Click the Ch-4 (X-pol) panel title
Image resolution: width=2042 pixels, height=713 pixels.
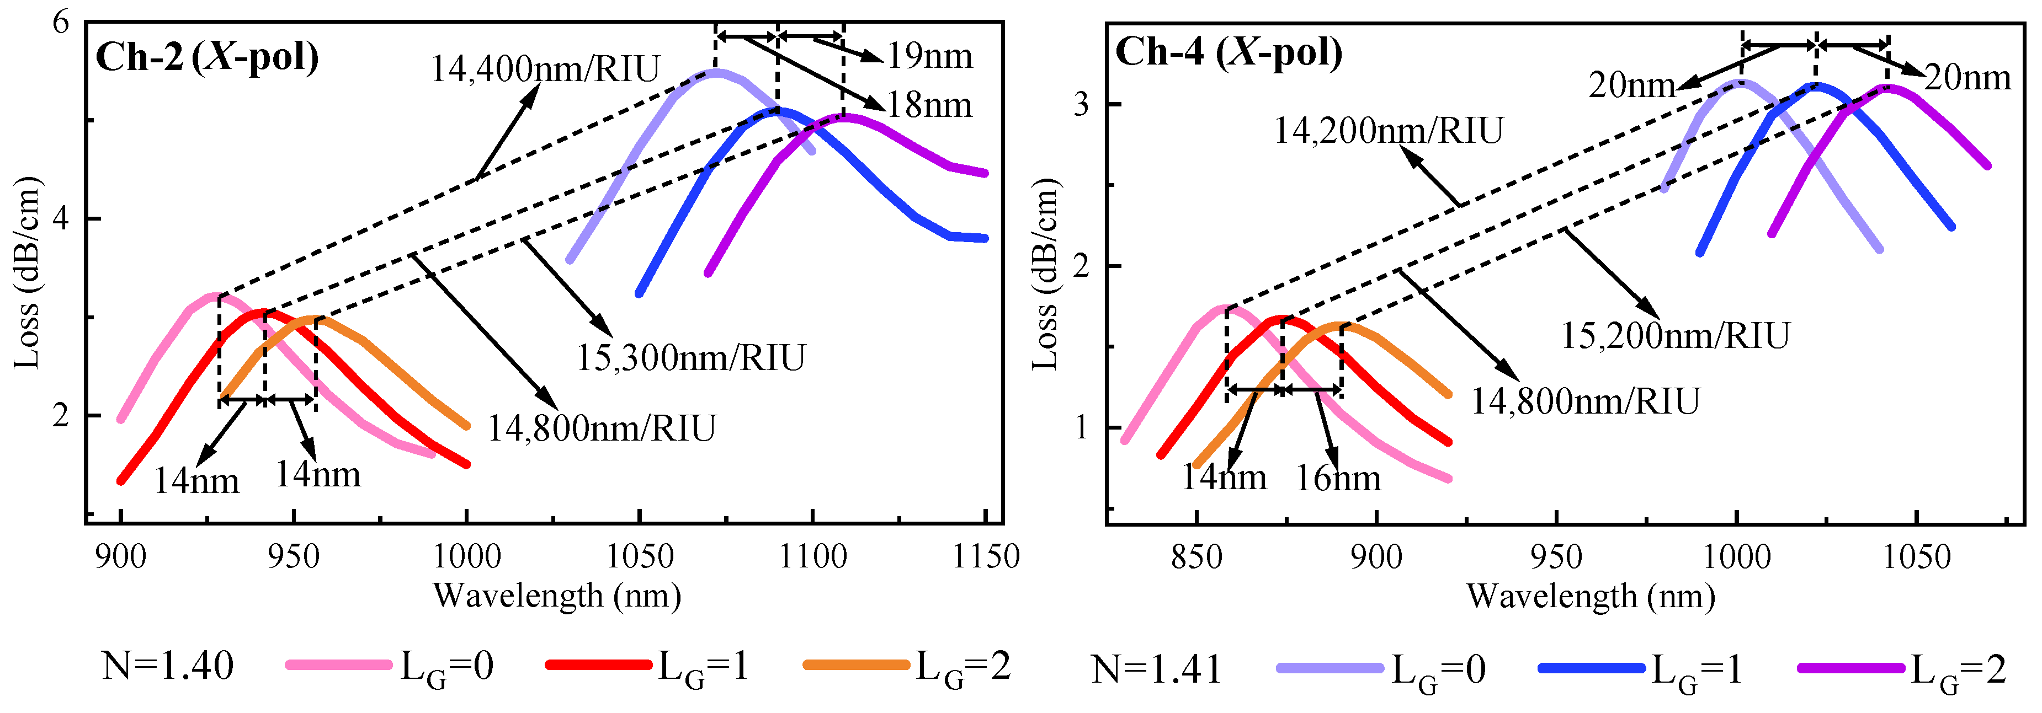point(1229,52)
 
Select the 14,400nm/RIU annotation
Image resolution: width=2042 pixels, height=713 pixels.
point(545,69)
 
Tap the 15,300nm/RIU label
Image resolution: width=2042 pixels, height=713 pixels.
point(690,357)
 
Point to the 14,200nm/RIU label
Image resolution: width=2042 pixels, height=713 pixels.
point(1388,130)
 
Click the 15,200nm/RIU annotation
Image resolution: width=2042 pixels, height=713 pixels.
point(1675,335)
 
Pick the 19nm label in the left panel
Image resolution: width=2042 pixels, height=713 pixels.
point(929,56)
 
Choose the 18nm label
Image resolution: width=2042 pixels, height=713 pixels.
point(929,105)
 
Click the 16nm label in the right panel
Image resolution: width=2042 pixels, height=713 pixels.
point(1338,478)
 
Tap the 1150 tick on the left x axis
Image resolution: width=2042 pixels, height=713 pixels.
point(985,557)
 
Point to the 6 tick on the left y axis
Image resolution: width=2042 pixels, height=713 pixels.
point(61,22)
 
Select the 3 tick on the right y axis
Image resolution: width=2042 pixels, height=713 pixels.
point(1082,105)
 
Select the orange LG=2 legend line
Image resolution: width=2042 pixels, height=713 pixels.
point(856,664)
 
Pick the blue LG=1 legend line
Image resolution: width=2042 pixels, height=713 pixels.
point(1590,668)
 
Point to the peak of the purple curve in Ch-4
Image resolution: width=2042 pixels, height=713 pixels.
point(1888,87)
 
